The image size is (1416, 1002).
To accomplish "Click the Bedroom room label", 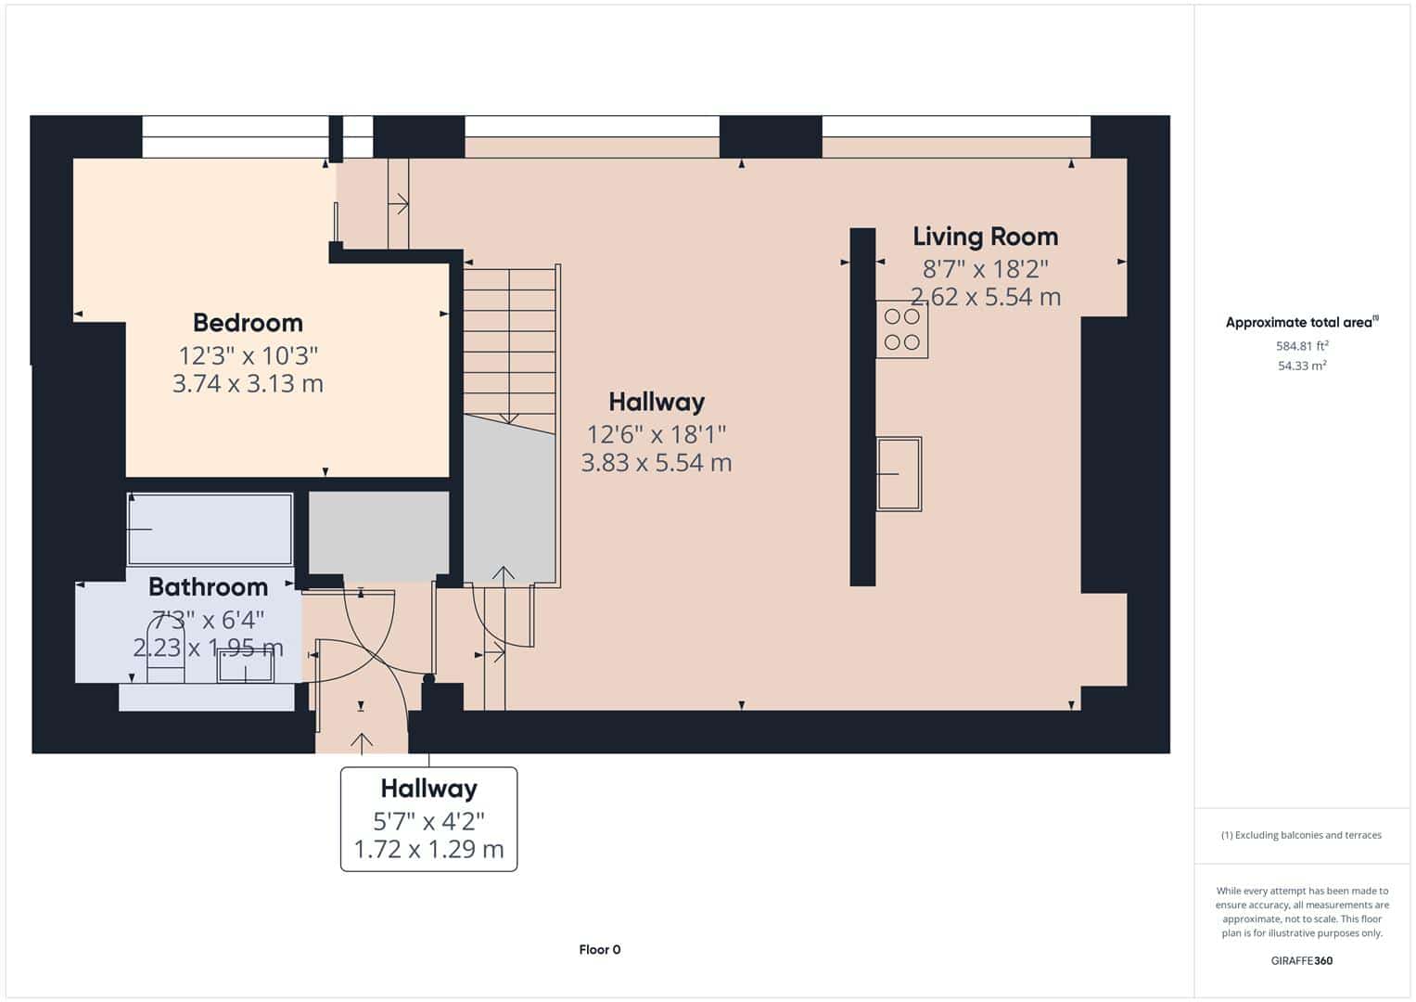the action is coord(248,323).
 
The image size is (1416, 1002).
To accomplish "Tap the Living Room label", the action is coord(985,237).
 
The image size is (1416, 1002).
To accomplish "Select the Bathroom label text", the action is coord(208,587).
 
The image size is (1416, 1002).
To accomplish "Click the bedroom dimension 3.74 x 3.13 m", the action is coord(248,383).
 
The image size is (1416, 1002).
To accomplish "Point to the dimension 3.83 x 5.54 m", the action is coord(657,462).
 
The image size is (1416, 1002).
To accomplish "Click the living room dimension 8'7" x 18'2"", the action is coord(985,269).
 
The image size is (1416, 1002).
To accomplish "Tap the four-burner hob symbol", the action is coord(902,329).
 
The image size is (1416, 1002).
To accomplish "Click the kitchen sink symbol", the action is coord(899,474).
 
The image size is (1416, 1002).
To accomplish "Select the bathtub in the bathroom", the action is coord(210,529).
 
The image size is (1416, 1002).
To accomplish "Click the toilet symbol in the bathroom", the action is coord(166,650).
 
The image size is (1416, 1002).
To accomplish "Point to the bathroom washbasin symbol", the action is coord(245,665).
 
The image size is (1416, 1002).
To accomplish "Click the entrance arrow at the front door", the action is coord(362,744).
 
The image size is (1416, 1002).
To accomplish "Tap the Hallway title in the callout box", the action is coord(428,789).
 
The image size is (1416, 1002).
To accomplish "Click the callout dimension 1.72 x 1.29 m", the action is coord(428,849).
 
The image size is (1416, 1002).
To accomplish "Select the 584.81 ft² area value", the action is coord(1302,346).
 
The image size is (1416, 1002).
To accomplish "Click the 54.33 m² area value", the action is coord(1302,366).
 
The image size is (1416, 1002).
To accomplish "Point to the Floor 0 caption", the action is coord(599,949).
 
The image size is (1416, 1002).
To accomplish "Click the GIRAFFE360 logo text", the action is coord(1302,960).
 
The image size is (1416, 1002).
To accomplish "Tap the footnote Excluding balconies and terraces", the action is coord(1301,835).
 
